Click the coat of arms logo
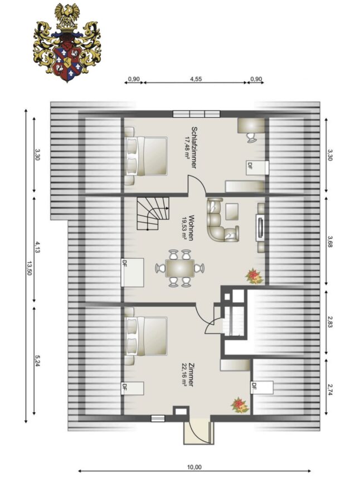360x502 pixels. [67, 43]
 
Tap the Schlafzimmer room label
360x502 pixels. [193, 147]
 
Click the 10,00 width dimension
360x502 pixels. [194, 467]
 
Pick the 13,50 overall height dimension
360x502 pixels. [30, 268]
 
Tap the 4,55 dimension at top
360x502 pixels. [196, 79]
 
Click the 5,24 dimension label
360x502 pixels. [38, 361]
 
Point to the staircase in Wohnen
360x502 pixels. [153, 213]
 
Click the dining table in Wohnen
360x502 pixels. [179, 268]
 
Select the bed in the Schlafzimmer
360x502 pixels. [145, 156]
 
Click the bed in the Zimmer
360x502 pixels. [145, 336]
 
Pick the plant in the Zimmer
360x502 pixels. [240, 406]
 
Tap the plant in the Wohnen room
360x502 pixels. [254, 276]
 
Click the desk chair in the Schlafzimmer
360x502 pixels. [252, 137]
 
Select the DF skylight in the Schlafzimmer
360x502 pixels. [257, 168]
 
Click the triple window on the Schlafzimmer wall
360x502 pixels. [197, 114]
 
